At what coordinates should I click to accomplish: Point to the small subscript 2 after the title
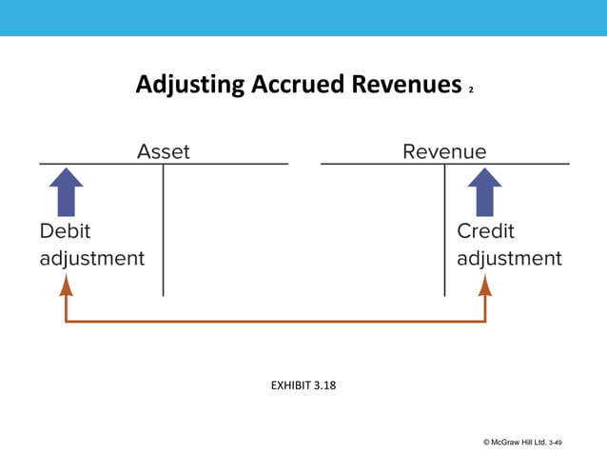471,91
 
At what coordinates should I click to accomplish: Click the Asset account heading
164,151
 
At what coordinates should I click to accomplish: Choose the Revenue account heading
444,151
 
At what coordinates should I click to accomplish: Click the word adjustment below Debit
92,258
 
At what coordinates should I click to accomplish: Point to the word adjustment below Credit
509,258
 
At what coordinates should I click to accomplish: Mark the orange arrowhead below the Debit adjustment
66,285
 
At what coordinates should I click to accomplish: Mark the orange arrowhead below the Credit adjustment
485,285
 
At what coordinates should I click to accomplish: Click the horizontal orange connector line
276,321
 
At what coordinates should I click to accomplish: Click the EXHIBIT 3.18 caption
303,386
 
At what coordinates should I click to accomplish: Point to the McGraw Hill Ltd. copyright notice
514,442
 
